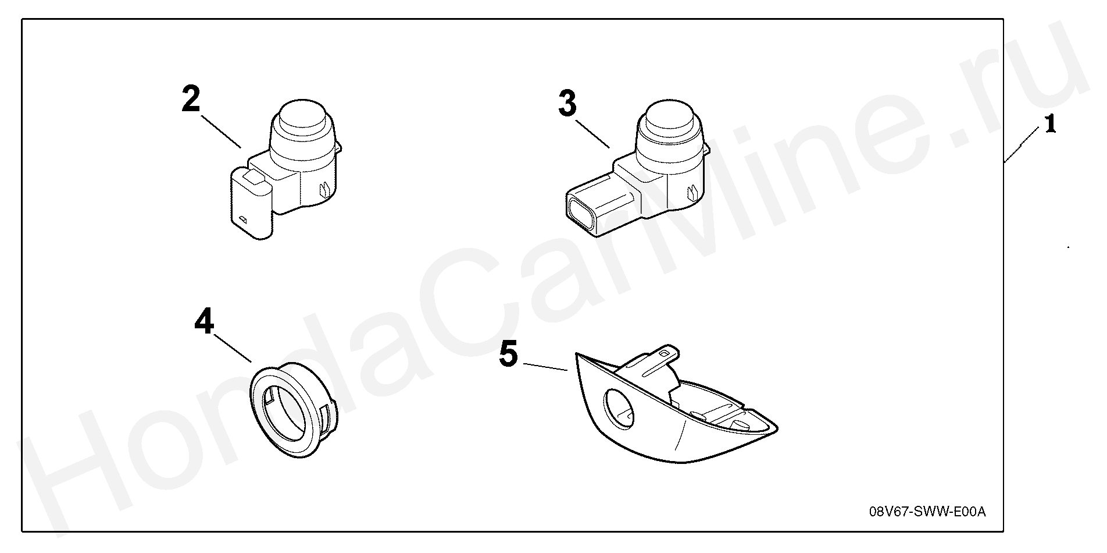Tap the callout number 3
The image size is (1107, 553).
(x=567, y=104)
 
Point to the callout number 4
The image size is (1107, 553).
(x=204, y=321)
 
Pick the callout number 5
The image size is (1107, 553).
(x=508, y=355)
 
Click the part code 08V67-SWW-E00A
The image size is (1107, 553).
(x=927, y=512)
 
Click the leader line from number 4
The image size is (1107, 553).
(x=233, y=348)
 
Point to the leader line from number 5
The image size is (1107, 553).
(x=545, y=367)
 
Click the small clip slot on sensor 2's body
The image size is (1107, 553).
(x=324, y=189)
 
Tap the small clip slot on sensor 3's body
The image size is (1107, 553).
(x=692, y=192)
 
